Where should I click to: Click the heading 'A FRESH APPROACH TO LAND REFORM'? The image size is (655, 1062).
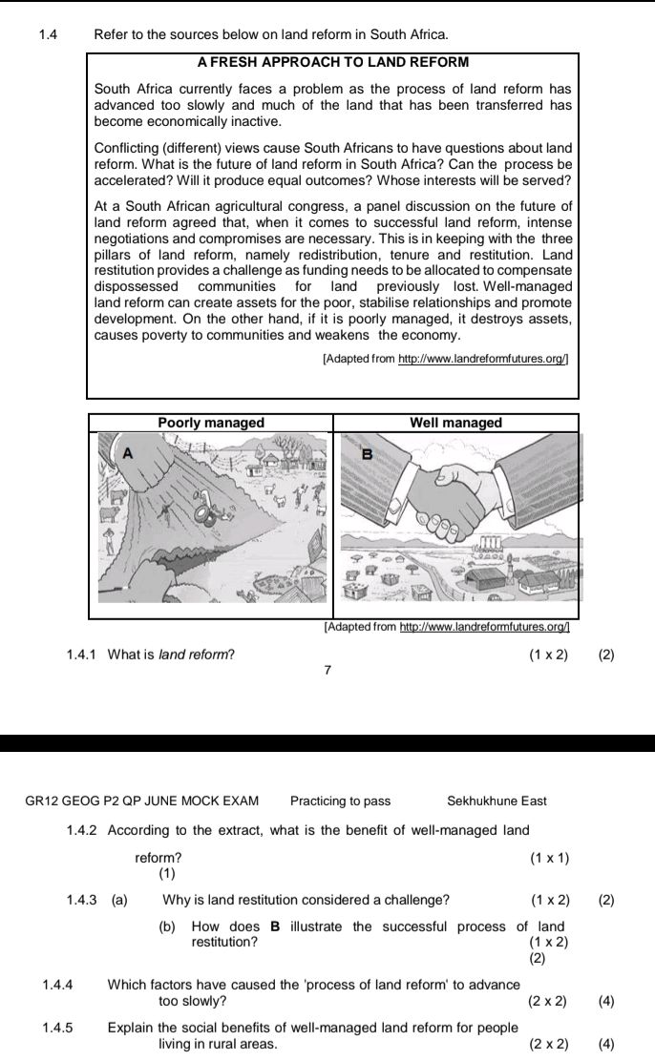333,62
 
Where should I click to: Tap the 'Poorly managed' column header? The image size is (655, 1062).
211,423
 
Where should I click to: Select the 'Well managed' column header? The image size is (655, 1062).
455,423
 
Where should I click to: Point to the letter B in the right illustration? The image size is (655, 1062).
364,454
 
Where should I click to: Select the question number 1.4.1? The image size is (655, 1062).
83,655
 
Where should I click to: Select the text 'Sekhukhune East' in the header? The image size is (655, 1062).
497,801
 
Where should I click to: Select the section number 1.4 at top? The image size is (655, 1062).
49,34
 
